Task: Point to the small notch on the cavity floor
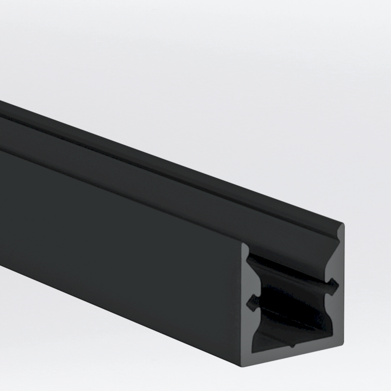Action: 293,344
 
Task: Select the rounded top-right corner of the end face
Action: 342,225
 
